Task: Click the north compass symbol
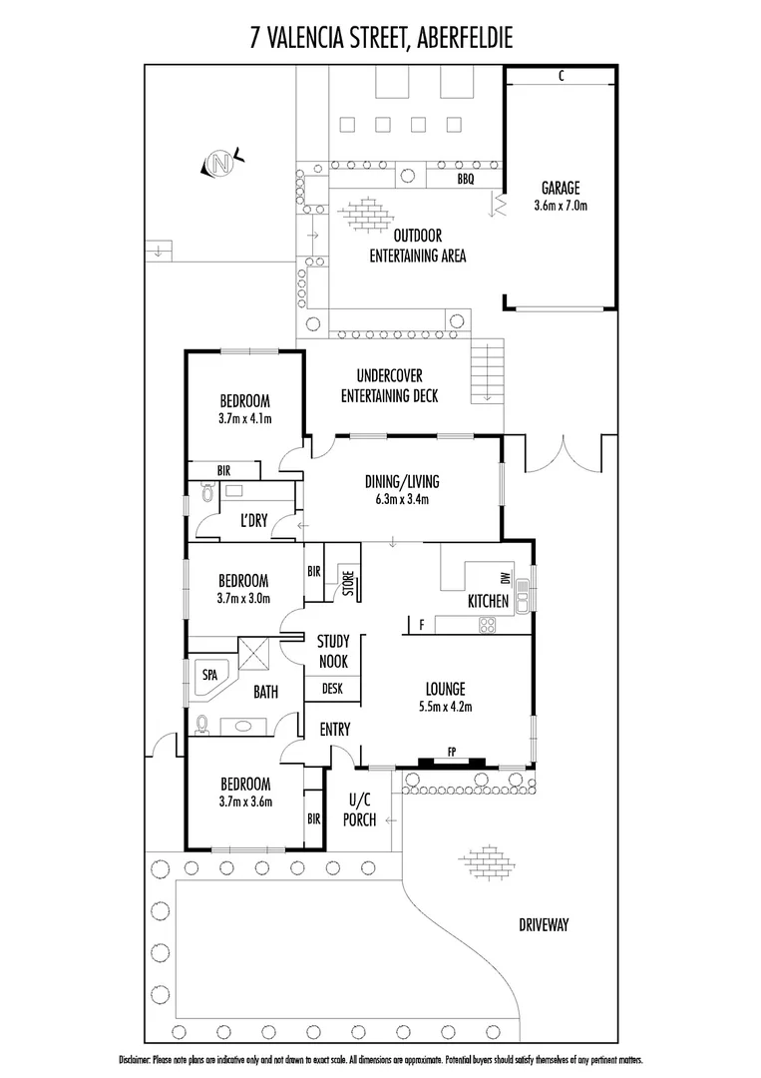[221, 163]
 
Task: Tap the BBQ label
[465, 179]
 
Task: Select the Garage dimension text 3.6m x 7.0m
[561, 208]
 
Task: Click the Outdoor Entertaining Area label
[418, 246]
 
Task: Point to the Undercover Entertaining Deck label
[389, 385]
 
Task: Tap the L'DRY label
[254, 520]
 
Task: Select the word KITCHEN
[489, 601]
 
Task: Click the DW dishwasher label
[506, 579]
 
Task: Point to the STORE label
[348, 583]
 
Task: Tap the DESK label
[332, 689]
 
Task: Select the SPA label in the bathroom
[209, 675]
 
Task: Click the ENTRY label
[335, 730]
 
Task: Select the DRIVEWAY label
[544, 925]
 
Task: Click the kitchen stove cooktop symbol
[488, 625]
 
